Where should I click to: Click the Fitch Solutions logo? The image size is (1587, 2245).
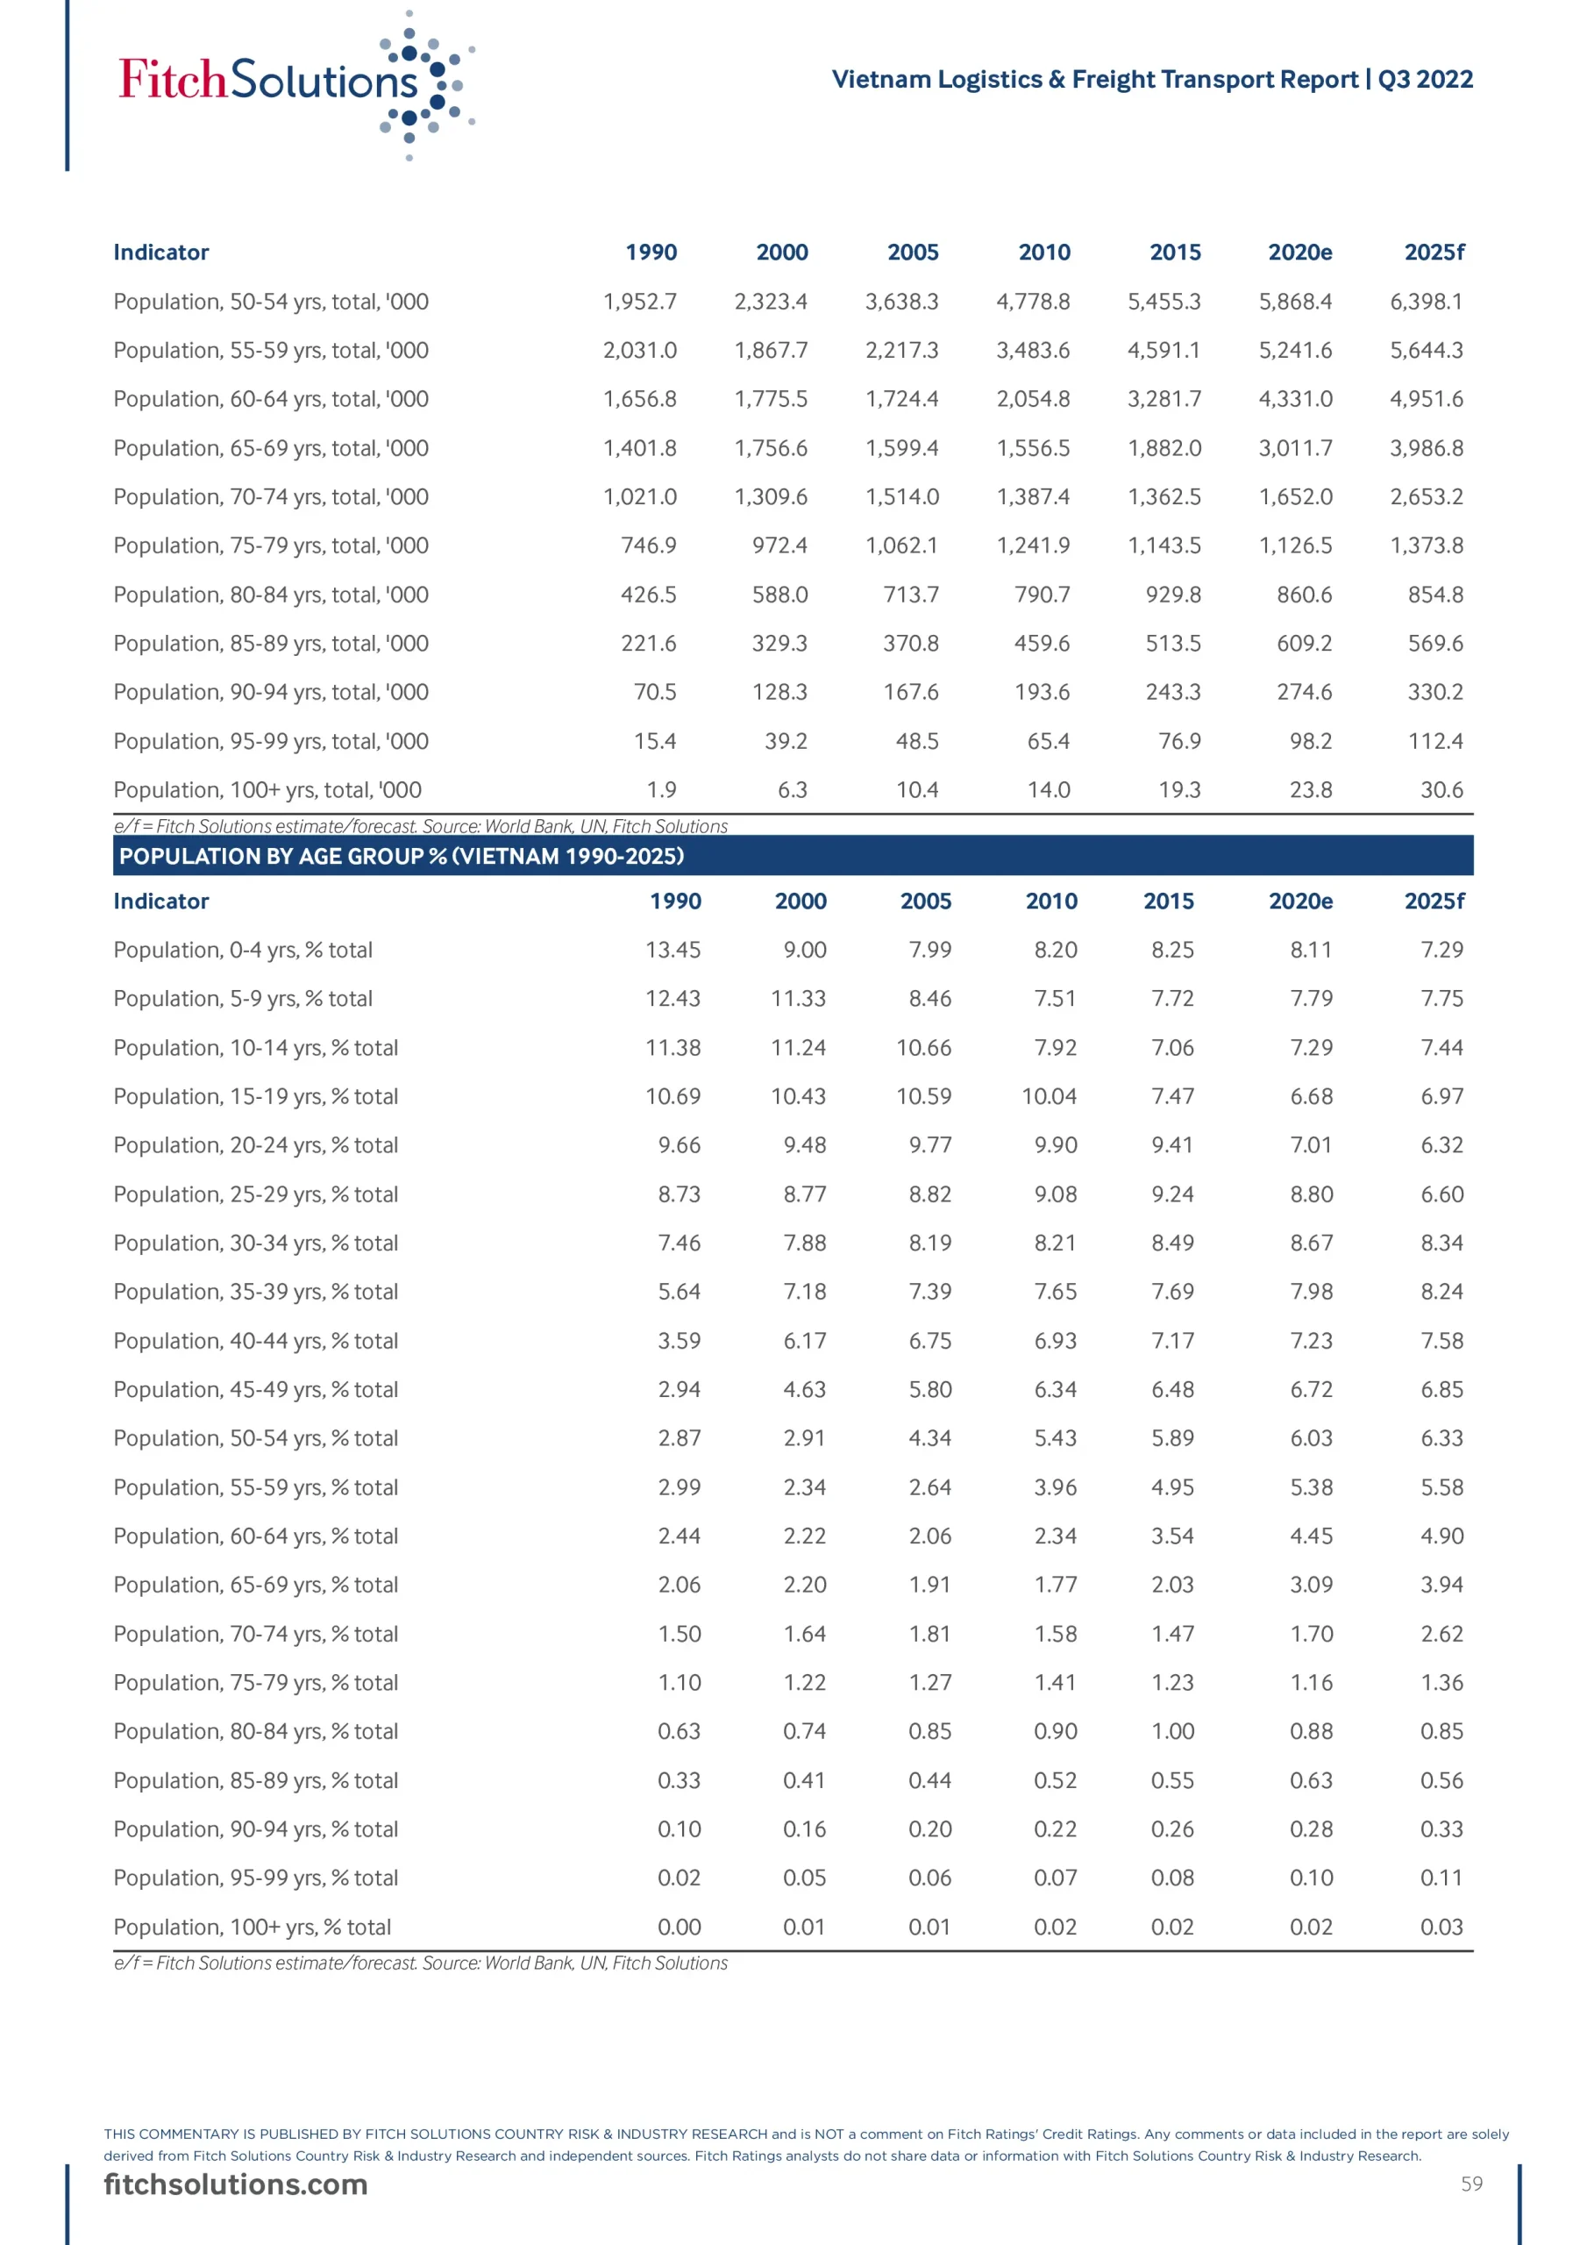294,83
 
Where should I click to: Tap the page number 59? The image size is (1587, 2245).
1471,2184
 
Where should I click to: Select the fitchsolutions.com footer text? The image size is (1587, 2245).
236,2184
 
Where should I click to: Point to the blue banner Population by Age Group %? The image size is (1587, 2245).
792,856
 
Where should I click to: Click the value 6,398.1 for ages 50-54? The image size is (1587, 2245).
1426,301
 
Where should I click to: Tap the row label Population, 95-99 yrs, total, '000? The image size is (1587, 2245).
271,741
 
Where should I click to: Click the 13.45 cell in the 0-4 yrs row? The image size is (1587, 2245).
673,950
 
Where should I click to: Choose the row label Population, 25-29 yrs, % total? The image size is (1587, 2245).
255,1194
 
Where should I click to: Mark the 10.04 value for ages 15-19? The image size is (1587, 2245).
1049,1096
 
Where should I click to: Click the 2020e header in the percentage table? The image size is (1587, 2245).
1299,901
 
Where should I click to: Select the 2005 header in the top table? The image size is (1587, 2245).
912,253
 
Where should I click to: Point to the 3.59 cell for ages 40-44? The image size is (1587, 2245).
679,1341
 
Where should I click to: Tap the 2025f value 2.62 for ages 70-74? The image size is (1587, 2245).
1441,1634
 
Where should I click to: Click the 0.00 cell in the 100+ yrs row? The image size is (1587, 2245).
679,1928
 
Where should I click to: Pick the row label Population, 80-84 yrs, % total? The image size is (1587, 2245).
255,1732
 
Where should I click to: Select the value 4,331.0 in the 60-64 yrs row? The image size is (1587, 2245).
1295,399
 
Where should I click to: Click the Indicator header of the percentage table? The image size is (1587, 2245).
161,901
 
